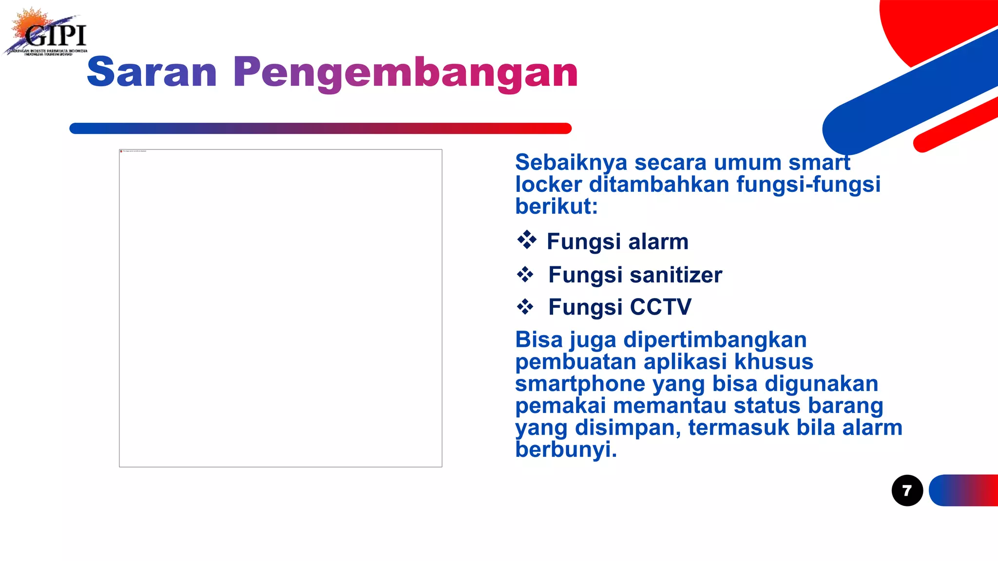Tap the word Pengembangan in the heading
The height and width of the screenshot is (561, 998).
pos(405,73)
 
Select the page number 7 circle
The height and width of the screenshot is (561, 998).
pos(907,490)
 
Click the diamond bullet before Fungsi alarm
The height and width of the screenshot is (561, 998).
pos(526,240)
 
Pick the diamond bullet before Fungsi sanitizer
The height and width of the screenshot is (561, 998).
pos(525,275)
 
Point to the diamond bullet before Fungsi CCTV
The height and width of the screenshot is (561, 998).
pos(525,307)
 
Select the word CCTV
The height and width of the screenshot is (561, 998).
pos(660,307)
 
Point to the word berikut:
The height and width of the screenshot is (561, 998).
pos(556,206)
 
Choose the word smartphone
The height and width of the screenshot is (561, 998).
pos(580,384)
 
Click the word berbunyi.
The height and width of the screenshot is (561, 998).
pos(566,449)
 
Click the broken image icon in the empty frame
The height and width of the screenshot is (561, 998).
pos(121,151)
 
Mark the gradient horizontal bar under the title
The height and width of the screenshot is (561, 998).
pos(320,129)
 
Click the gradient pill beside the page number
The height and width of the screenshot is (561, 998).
pos(963,490)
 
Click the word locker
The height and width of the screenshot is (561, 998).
pos(548,185)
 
